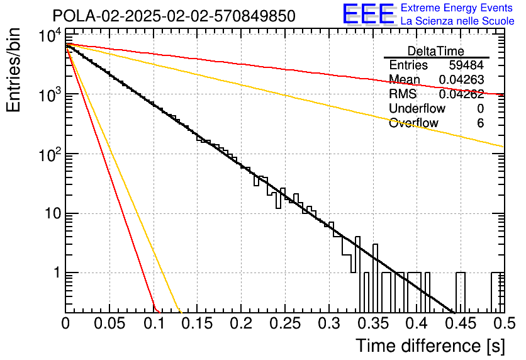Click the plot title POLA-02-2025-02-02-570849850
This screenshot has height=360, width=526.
pyautogui.click(x=174, y=16)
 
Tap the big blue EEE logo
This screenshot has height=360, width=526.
pyautogui.click(x=369, y=14)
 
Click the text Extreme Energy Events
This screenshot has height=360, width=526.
pyautogui.click(x=457, y=8)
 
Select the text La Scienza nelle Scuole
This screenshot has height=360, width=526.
pyautogui.click(x=457, y=21)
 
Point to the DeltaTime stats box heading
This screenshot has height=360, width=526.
pyautogui.click(x=436, y=51)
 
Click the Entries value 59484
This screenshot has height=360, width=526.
pyautogui.click(x=466, y=65)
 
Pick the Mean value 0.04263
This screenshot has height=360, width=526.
pyautogui.click(x=461, y=79)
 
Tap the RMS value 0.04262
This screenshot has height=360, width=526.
pyautogui.click(x=461, y=94)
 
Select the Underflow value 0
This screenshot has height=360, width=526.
pyautogui.click(x=480, y=108)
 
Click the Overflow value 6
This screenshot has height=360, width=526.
pyautogui.click(x=480, y=123)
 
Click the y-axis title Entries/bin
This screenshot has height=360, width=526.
pyautogui.click(x=13, y=70)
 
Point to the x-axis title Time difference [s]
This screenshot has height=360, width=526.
pyautogui.click(x=430, y=346)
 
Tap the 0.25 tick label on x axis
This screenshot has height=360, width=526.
pyautogui.click(x=285, y=323)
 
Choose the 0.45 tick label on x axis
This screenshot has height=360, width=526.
pyautogui.click(x=461, y=323)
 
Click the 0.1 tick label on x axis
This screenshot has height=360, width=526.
pyautogui.click(x=154, y=323)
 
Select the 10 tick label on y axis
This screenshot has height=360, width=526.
pyautogui.click(x=53, y=213)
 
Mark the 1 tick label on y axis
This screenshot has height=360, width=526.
pyautogui.click(x=57, y=273)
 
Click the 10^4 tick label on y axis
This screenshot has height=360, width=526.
pyautogui.click(x=50, y=36)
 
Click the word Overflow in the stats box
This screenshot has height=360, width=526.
pyautogui.click(x=413, y=123)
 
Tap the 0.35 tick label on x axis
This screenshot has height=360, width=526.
pyautogui.click(x=373, y=323)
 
